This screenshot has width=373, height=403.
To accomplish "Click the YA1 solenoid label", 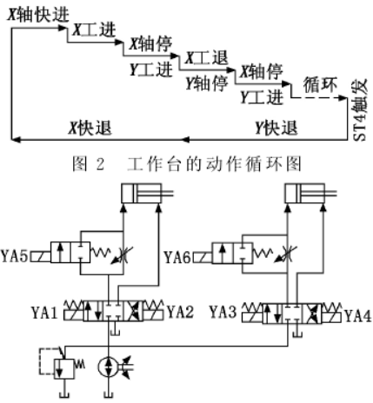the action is coord(44,313).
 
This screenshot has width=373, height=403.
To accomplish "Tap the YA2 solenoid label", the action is coord(180,312).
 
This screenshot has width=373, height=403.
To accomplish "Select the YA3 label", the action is coord(223,312).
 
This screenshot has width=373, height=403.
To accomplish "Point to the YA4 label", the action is coord(358,316).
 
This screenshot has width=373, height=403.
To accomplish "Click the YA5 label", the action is coord(15,256).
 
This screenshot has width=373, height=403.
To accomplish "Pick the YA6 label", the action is coord(177,257).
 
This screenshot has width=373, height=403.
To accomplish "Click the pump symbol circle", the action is coord(108,367).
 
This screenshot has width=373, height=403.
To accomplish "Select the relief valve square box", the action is coord(63,369).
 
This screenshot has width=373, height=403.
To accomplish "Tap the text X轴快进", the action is coord(38,15).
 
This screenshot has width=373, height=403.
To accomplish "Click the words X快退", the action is coord(90,128).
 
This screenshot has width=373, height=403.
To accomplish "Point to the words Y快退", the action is coord(276,128).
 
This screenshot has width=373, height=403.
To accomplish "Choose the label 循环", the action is coord(320,85).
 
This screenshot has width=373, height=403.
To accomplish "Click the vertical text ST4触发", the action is coord(360,111).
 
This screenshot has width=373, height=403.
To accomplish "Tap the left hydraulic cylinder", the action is coord(147,193).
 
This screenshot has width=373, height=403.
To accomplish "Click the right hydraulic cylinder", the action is coord(310,193).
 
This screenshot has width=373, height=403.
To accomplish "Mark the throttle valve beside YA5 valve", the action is coord(123,254).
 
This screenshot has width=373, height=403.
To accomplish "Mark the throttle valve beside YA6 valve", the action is coord(286,254).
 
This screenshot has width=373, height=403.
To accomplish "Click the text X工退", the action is coord(206,57).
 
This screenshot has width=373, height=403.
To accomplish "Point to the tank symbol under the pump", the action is coord(108,394).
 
